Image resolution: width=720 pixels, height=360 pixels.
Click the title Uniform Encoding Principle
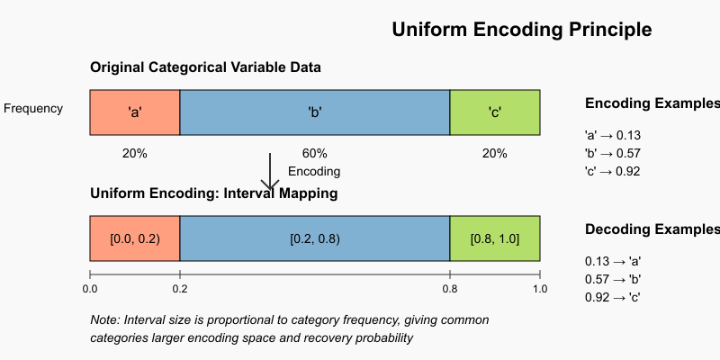click(522, 30)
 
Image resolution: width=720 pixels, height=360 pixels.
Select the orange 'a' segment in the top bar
click(135, 112)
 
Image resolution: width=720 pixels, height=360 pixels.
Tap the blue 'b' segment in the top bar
click(315, 112)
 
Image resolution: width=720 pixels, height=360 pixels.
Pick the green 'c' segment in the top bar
click(495, 112)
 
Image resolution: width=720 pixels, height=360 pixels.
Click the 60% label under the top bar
click(315, 153)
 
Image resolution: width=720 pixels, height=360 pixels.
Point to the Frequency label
click(33, 109)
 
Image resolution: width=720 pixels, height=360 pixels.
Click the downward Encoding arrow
click(270, 172)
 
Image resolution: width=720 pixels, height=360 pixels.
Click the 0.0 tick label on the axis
click(90, 289)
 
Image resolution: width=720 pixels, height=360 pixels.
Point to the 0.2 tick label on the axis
click(180, 289)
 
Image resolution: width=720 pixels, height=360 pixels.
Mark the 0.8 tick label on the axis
click(450, 289)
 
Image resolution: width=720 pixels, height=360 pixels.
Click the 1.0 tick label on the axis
click(540, 289)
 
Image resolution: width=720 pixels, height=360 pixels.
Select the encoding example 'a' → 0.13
click(612, 136)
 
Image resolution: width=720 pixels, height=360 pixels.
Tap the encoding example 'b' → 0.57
click(612, 154)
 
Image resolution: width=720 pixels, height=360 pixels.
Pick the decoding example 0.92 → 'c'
click(612, 297)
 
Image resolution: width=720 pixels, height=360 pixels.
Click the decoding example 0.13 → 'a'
click(612, 261)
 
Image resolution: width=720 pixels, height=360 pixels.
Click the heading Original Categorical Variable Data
click(205, 67)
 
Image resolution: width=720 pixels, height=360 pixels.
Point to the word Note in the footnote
click(105, 320)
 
